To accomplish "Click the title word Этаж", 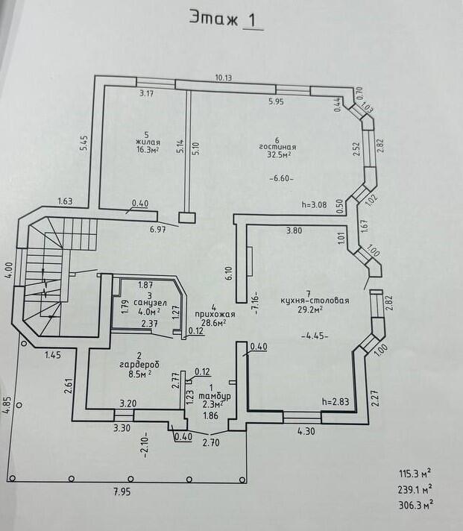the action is coord(214,18).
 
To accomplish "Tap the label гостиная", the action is coord(277,148).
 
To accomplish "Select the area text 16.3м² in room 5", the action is coord(148,150).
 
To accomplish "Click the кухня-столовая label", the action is coord(315,301).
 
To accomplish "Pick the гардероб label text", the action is coord(139,365).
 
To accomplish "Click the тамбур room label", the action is coord(215,396).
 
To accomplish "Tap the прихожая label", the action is coord(215,315).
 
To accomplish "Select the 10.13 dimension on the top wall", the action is coord(224,78).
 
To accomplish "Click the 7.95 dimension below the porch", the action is coord(122,491).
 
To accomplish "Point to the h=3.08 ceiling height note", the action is coord(314,204).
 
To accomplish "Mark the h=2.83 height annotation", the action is coord(336,402).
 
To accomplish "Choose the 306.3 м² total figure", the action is coord(415,505).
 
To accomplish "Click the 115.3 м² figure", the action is coord(415,474).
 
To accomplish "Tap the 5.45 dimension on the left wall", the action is coord(84,143).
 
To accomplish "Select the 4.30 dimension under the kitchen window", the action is coord(306,431).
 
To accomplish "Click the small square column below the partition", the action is coord(187,218).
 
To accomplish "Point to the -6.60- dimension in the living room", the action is coord(281,178).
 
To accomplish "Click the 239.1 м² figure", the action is coord(415,489).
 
